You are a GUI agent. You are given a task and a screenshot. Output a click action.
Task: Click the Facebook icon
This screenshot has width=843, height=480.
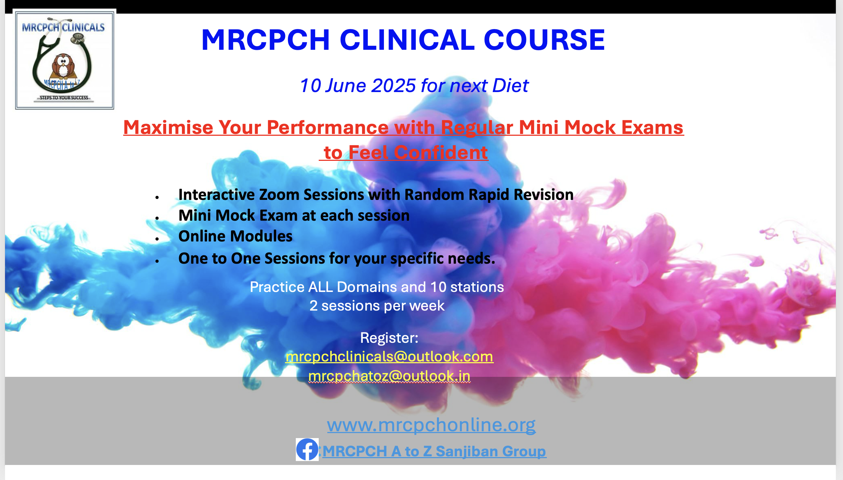click(307, 449)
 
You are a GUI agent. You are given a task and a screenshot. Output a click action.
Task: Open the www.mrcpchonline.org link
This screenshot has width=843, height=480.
click(431, 425)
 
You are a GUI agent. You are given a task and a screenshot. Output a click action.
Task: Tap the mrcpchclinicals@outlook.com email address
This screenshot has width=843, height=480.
click(389, 357)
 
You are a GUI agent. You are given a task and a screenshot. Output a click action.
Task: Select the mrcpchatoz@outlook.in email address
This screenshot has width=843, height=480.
click(389, 376)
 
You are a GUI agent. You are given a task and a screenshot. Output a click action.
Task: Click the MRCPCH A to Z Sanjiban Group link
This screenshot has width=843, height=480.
click(434, 451)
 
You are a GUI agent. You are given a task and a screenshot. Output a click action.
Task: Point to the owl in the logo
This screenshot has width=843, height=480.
click(63, 67)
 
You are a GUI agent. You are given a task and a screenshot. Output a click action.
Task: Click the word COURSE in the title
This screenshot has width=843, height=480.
click(544, 40)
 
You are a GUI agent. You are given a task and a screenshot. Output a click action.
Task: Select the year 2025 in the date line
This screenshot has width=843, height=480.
click(393, 86)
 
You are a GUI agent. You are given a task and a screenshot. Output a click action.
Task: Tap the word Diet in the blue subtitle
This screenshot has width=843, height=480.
click(510, 86)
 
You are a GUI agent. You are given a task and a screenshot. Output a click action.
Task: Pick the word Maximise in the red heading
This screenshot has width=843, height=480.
click(168, 128)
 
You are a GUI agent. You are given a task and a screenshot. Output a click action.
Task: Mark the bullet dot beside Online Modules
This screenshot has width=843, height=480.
click(157, 239)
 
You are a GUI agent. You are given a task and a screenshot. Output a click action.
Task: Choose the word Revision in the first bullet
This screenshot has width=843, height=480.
click(543, 195)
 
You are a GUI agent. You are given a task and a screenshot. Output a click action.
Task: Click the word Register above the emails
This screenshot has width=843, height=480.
click(388, 338)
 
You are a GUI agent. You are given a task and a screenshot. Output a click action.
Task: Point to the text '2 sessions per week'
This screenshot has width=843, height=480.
click(377, 306)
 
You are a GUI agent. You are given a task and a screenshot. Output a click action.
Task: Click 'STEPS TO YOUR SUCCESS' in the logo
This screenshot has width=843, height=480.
click(64, 98)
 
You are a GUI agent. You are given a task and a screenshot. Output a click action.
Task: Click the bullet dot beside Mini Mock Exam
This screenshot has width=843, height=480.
click(157, 218)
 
